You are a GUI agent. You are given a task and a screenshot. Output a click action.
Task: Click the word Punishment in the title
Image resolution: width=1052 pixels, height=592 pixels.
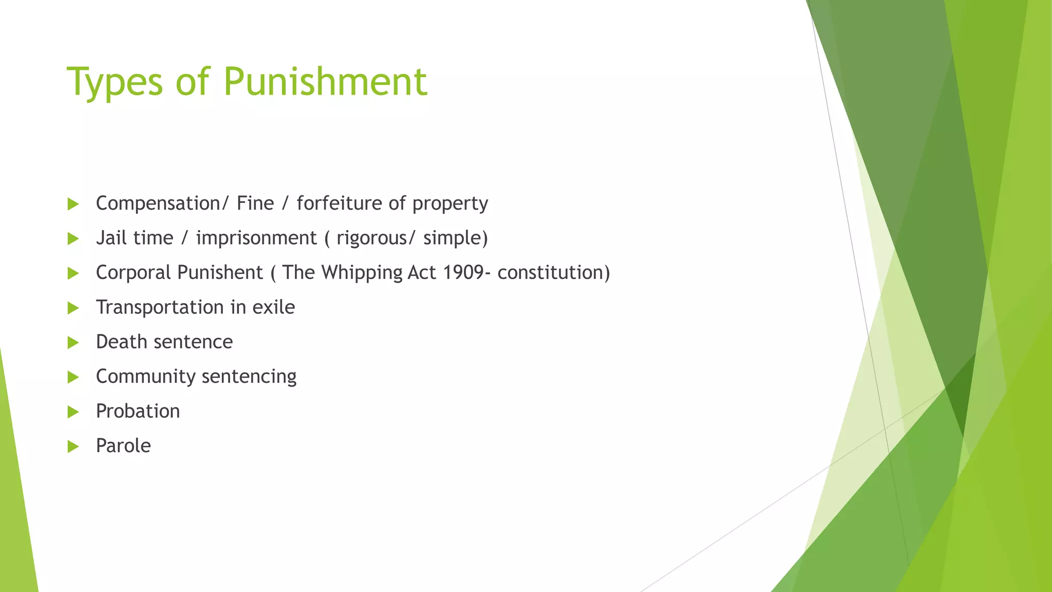(x=325, y=81)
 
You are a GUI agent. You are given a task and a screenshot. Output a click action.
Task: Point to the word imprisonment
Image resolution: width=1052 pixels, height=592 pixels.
(x=256, y=238)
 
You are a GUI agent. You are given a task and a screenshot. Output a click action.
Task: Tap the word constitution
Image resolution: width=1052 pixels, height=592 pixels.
(x=551, y=272)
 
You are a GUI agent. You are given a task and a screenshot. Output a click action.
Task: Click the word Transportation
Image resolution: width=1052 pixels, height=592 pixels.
(x=160, y=307)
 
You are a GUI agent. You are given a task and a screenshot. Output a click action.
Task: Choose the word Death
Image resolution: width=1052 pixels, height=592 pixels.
(x=121, y=342)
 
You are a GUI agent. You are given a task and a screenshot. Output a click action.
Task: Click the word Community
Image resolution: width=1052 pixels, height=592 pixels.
(x=145, y=377)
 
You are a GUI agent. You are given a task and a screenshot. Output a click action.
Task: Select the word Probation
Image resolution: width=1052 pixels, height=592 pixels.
(x=138, y=411)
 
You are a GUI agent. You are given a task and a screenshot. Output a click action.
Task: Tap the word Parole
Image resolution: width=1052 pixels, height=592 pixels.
(x=123, y=446)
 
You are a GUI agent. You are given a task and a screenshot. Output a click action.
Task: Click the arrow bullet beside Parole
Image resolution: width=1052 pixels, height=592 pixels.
(x=73, y=446)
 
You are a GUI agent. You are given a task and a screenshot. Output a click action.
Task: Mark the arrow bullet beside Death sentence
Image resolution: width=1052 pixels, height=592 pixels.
(x=73, y=342)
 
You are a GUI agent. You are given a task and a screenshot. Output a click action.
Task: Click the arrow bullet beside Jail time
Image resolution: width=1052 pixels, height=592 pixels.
(x=73, y=238)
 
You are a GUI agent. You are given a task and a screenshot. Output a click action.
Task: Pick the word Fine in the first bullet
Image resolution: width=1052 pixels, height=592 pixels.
(x=255, y=203)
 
